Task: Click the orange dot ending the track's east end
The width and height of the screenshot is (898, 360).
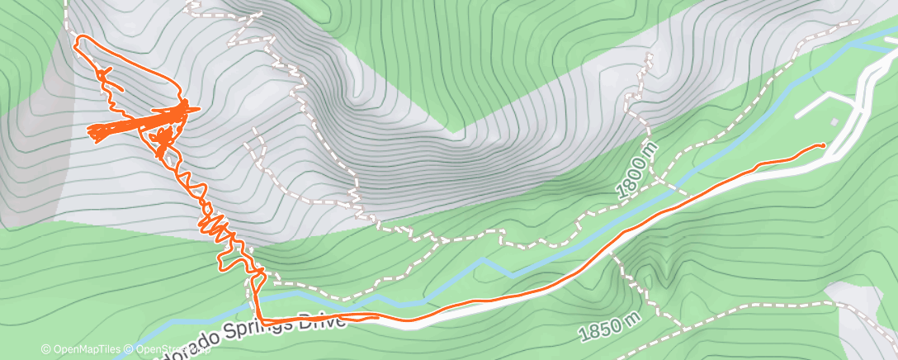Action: (x=822, y=145)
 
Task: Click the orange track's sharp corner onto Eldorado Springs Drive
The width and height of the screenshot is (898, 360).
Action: (x=259, y=319)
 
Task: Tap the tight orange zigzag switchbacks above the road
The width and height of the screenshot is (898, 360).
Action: (x=219, y=227)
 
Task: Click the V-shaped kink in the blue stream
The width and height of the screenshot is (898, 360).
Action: (x=487, y=262)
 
